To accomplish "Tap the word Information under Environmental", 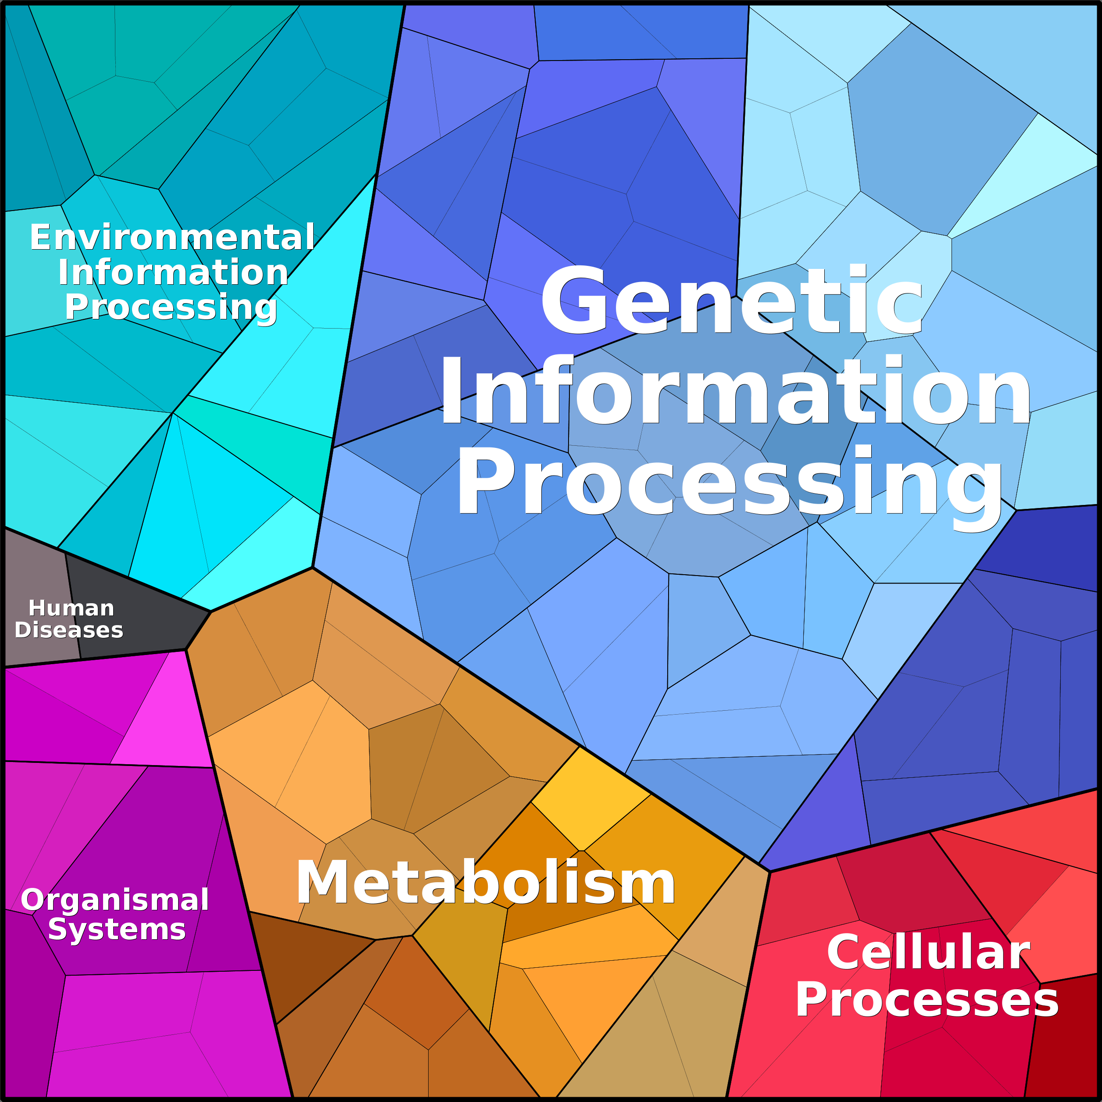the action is tap(173, 272).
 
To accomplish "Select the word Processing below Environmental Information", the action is tap(171, 308).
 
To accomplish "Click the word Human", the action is tap(72, 608).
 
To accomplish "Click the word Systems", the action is tap(117, 930).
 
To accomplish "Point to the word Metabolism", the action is tap(485, 882).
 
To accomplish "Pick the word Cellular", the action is tap(928, 952).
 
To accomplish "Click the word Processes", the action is tap(927, 999).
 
